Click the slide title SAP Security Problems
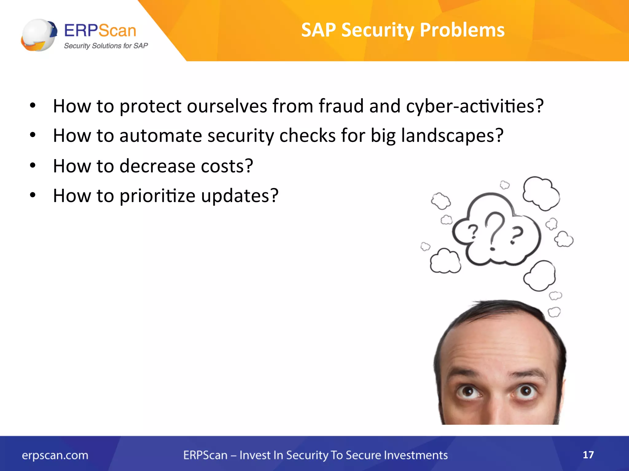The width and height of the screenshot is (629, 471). pyautogui.click(x=403, y=30)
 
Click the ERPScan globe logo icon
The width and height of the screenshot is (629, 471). pyautogui.click(x=39, y=35)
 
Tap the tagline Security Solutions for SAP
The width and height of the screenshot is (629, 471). pyautogui.click(x=106, y=46)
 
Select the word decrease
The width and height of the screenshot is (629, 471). pyautogui.click(x=157, y=166)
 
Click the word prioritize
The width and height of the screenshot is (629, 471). pyautogui.click(x=157, y=196)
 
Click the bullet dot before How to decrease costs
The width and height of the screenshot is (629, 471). pyautogui.click(x=33, y=166)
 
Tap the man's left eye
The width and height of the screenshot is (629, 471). pyautogui.click(x=468, y=392)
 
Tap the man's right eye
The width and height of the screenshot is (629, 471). pyautogui.click(x=525, y=391)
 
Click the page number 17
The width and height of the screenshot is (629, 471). pyautogui.click(x=588, y=454)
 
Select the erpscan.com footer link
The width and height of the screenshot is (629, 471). pyautogui.click(x=55, y=455)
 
